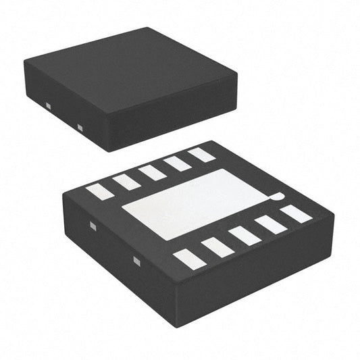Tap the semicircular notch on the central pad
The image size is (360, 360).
pos(276,198)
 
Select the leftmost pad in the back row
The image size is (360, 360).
pos(99,191)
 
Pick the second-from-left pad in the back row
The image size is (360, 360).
pos(126,181)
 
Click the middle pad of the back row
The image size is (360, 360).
pos(153,172)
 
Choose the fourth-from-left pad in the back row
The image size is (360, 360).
pos(178,163)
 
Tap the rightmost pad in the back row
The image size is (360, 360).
pos(201,155)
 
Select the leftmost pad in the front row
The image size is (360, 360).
pos(190,259)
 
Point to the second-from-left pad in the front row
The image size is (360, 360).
pos(217,248)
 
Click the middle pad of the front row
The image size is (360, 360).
pos(245,236)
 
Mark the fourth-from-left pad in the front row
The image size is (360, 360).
pos(271,224)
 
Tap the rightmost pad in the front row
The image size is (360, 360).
pos(296,214)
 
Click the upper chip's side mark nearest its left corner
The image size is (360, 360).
pos(48,105)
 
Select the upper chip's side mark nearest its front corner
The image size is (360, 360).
pos(80,127)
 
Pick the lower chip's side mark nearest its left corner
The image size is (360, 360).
pos(93,227)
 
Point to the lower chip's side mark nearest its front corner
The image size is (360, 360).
pos(136,261)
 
